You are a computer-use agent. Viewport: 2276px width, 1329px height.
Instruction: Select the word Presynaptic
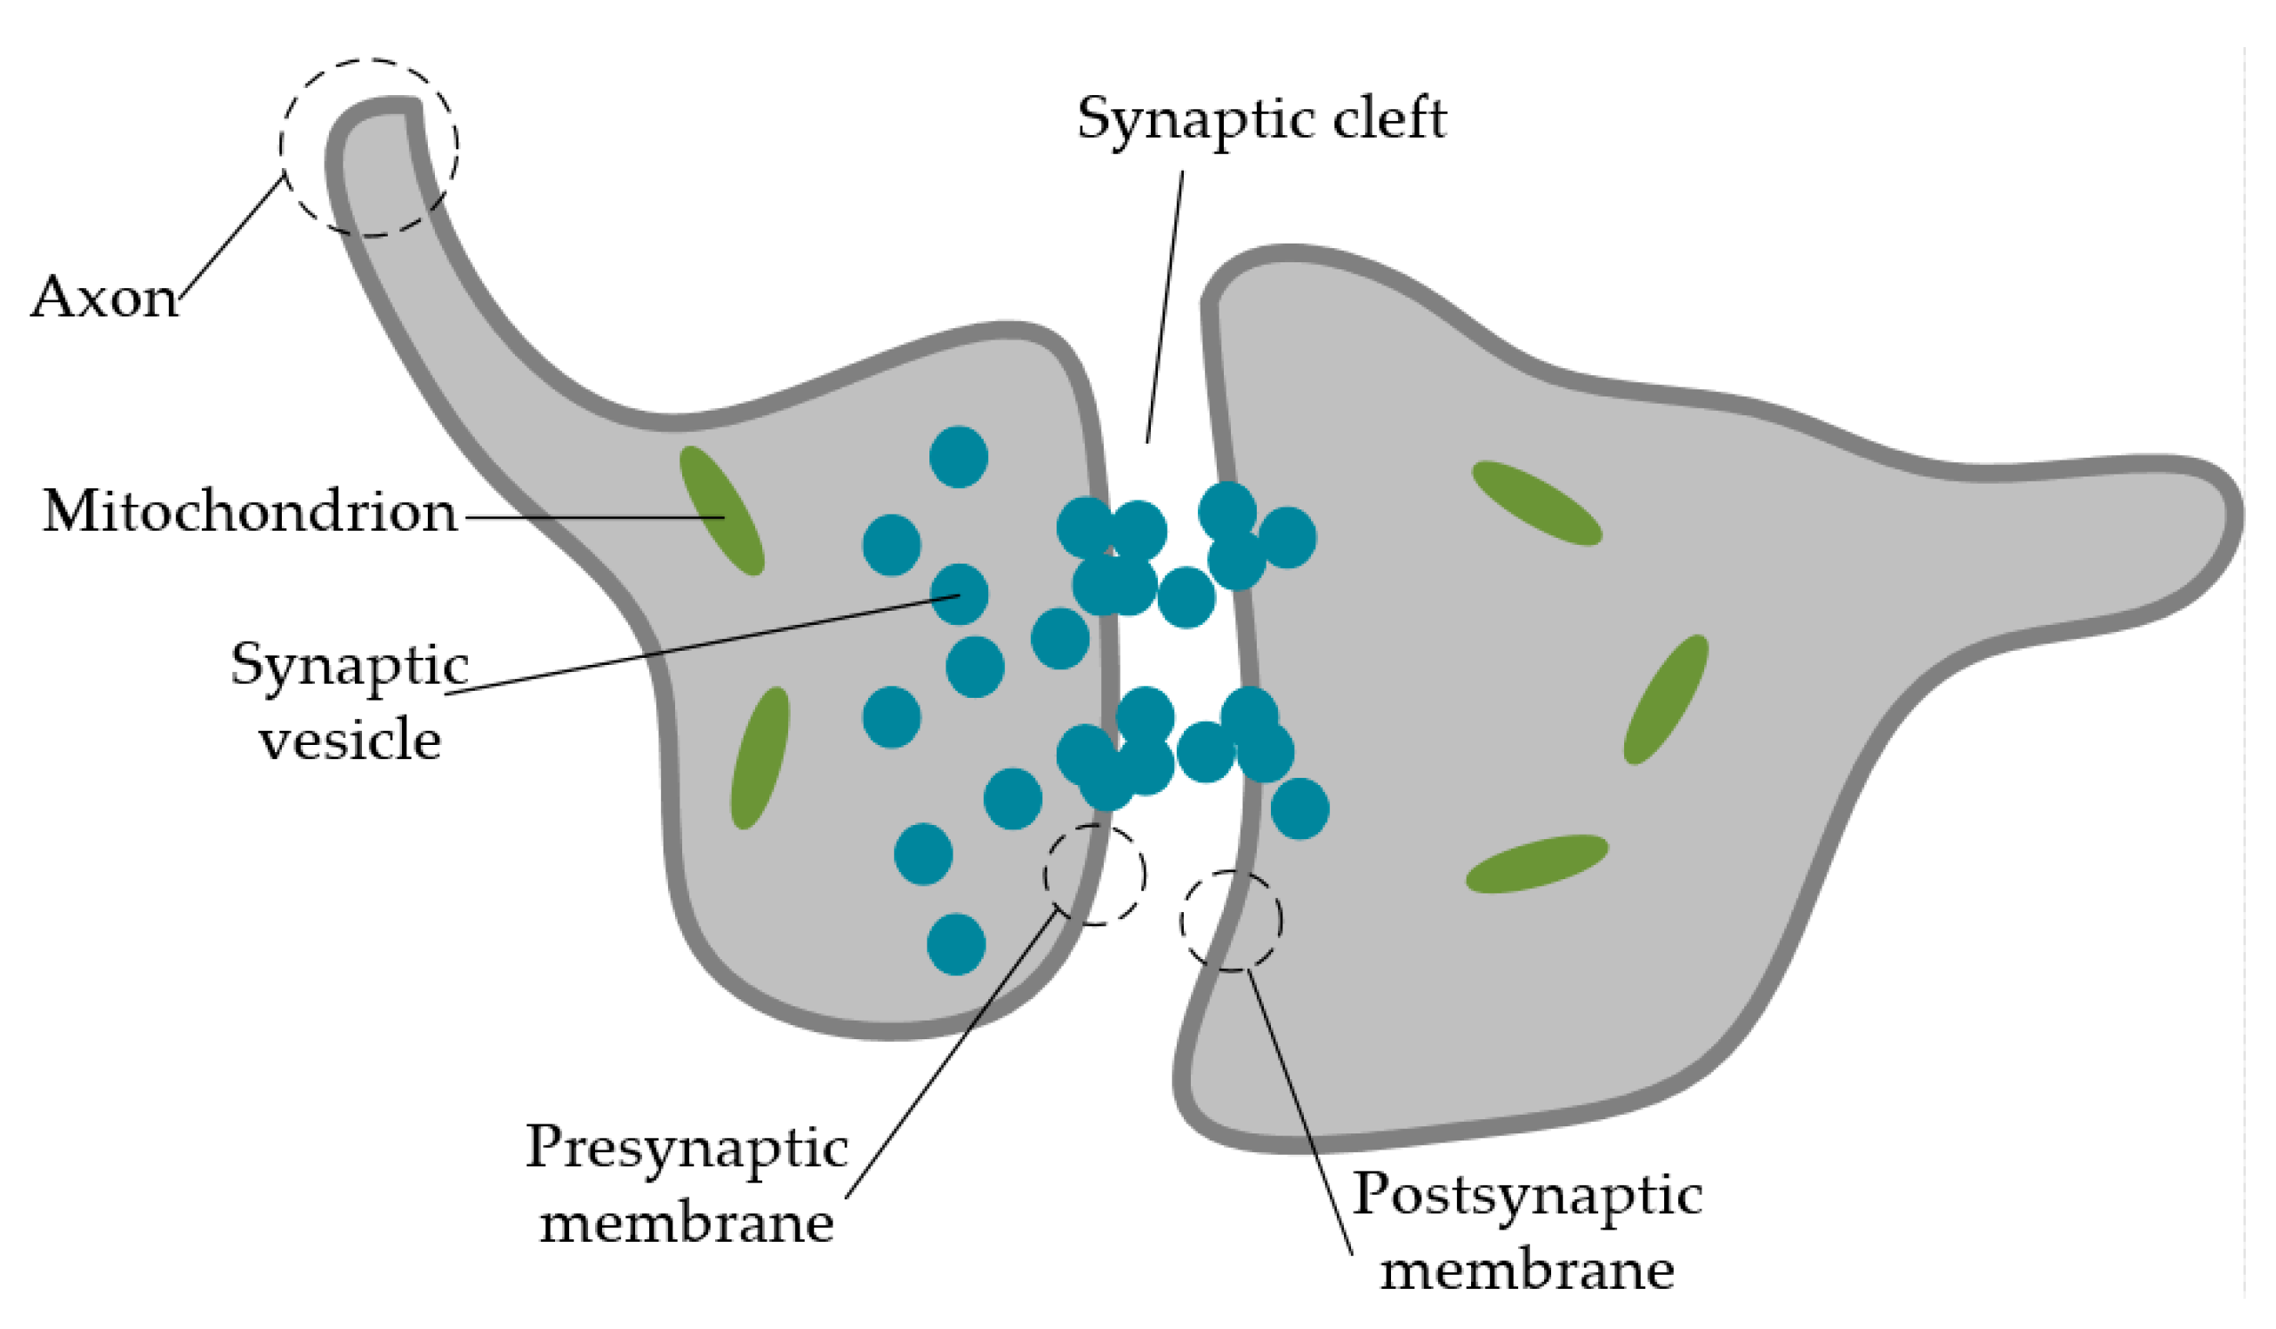[687, 1148]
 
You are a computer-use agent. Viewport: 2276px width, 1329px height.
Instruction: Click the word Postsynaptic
[1526, 1196]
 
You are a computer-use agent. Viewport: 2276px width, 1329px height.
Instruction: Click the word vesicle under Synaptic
[350, 741]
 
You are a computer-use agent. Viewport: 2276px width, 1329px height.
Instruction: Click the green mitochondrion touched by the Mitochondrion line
[721, 510]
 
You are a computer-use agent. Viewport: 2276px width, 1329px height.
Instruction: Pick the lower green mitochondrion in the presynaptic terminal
[760, 758]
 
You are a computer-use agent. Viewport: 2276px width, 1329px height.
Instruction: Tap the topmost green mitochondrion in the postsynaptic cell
[1536, 503]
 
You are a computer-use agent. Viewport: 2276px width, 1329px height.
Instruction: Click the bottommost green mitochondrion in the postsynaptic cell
[1536, 864]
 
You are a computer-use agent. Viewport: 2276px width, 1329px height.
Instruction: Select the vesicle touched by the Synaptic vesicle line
[958, 594]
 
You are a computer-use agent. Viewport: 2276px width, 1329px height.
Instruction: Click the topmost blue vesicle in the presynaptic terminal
[958, 457]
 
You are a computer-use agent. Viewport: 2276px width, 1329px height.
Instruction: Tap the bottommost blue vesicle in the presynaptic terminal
[955, 944]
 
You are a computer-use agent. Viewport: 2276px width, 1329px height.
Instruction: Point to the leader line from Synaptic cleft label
[1165, 307]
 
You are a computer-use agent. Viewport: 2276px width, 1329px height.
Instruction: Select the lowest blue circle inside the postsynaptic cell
[1299, 809]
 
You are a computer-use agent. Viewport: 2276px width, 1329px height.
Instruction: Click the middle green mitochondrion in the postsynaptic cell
[1666, 700]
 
